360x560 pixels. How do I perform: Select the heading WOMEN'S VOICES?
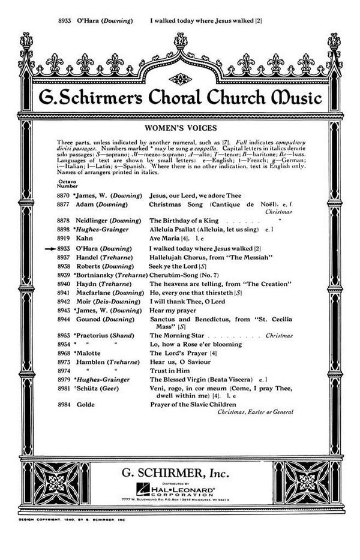[181, 128]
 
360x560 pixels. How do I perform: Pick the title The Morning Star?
[176, 336]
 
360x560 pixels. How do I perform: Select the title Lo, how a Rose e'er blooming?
[196, 345]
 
